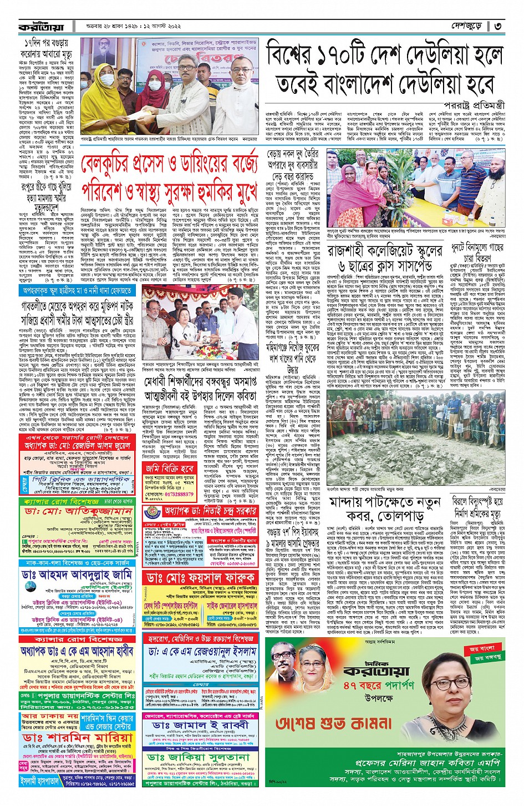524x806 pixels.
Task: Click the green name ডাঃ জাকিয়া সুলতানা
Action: click(199, 758)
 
